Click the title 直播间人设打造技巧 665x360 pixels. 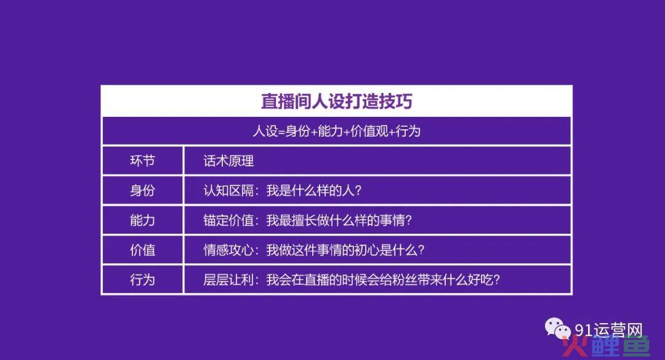click(x=336, y=102)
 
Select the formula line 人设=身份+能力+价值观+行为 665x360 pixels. click(x=336, y=131)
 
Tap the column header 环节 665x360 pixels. click(x=142, y=161)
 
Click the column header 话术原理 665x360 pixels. click(x=228, y=161)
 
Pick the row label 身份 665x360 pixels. click(x=142, y=190)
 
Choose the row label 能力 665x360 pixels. click(x=142, y=220)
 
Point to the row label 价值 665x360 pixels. click(x=142, y=250)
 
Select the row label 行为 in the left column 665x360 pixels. click(x=142, y=279)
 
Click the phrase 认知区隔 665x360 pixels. click(x=228, y=190)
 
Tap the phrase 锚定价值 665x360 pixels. click(x=228, y=220)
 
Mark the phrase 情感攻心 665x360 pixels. click(x=228, y=250)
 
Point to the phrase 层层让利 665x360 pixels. click(x=228, y=279)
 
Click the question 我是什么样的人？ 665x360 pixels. click(x=314, y=190)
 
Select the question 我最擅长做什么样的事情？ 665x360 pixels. click(x=339, y=220)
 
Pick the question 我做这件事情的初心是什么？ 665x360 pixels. click(x=345, y=250)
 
